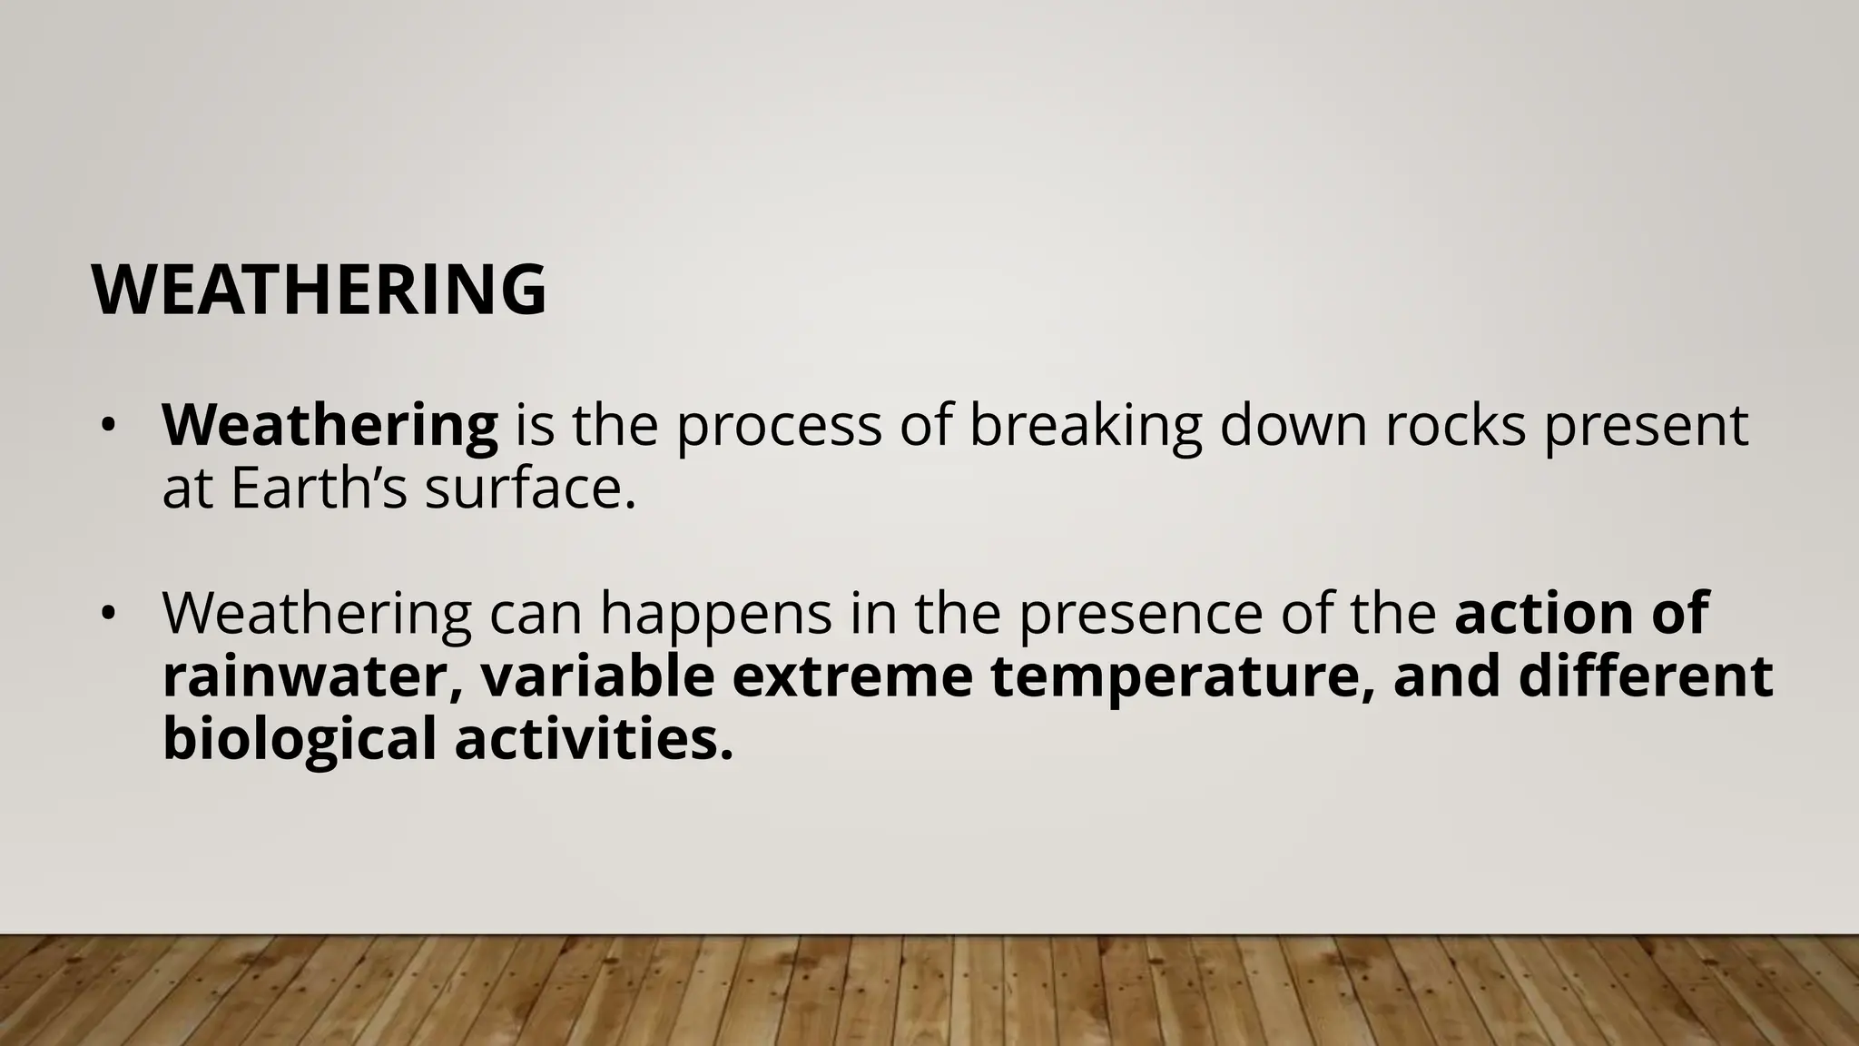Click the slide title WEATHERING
(x=319, y=290)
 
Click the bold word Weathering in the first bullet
(x=330, y=425)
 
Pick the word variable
(x=598, y=676)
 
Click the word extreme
(x=852, y=676)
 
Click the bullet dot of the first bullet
(x=108, y=427)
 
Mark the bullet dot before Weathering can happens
(x=108, y=615)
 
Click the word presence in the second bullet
(x=1140, y=614)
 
